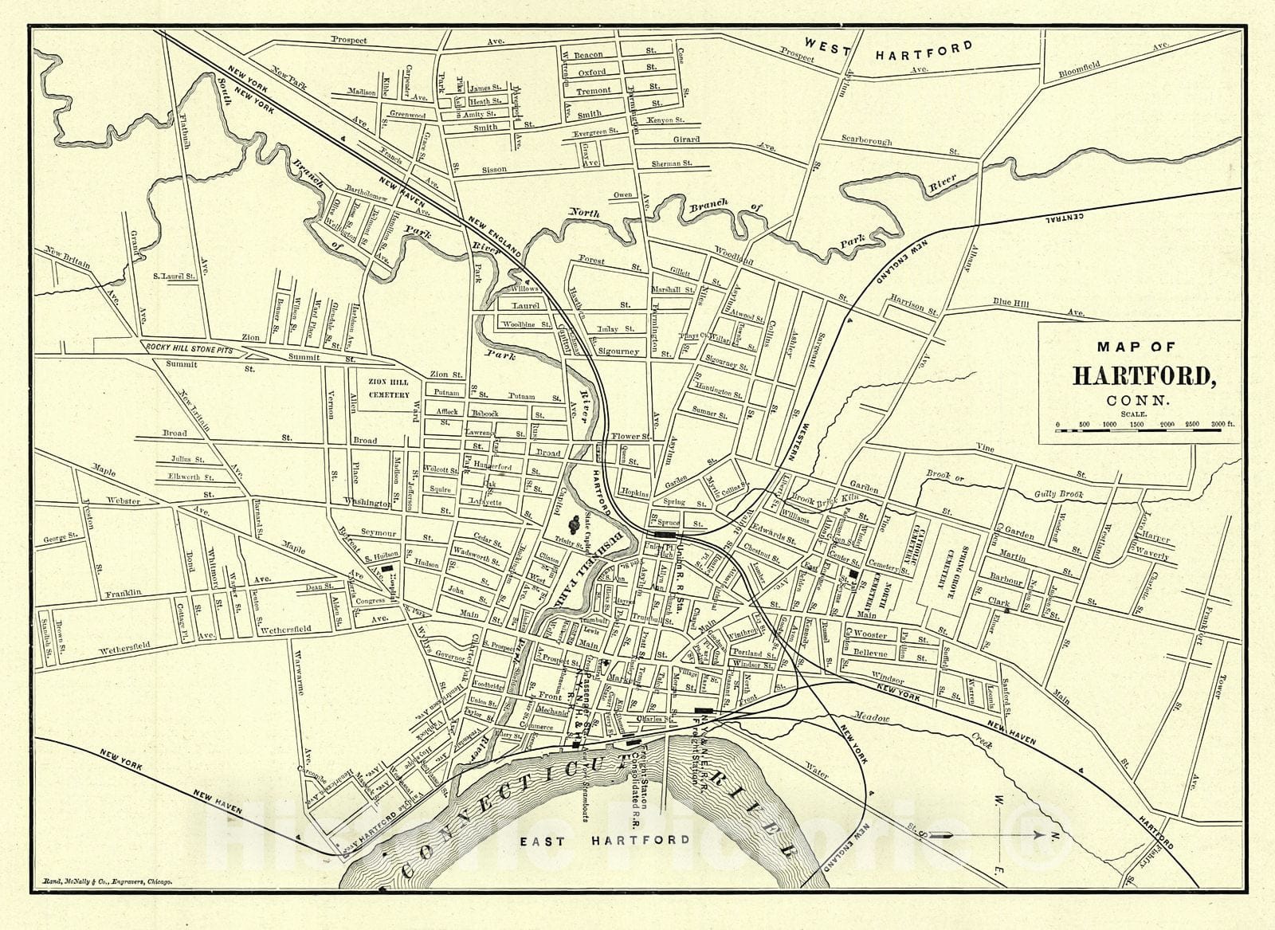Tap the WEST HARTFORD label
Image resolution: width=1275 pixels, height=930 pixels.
click(x=888, y=51)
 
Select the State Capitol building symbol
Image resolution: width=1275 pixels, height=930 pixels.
click(x=573, y=524)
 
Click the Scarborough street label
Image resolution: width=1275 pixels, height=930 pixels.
click(x=867, y=140)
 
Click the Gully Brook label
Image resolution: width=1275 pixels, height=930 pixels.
click(x=1056, y=495)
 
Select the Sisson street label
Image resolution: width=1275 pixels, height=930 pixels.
click(x=494, y=170)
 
